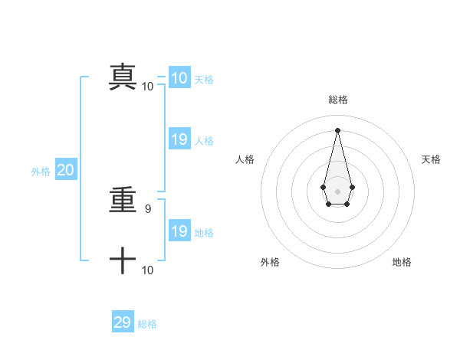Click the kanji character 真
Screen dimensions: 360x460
click(x=123, y=77)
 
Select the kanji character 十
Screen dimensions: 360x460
click(x=123, y=261)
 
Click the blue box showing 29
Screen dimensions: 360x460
click(x=123, y=322)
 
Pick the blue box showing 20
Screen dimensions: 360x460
click(x=65, y=171)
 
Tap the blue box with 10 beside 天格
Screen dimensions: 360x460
click(x=179, y=78)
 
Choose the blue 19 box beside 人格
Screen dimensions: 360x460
click(x=179, y=139)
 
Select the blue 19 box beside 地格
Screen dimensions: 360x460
click(x=179, y=231)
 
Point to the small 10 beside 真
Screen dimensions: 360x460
click(x=148, y=86)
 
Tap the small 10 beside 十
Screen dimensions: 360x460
click(x=148, y=270)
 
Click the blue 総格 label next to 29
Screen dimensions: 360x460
click(x=147, y=324)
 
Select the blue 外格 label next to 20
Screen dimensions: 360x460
click(x=41, y=172)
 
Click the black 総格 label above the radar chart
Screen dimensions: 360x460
click(x=337, y=100)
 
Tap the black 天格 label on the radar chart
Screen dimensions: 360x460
click(x=431, y=159)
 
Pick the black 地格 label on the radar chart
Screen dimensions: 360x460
click(x=402, y=262)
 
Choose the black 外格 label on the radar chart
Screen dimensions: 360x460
click(x=270, y=262)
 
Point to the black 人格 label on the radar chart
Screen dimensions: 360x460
click(x=245, y=159)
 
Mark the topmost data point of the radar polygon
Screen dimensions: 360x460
click(x=337, y=129)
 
